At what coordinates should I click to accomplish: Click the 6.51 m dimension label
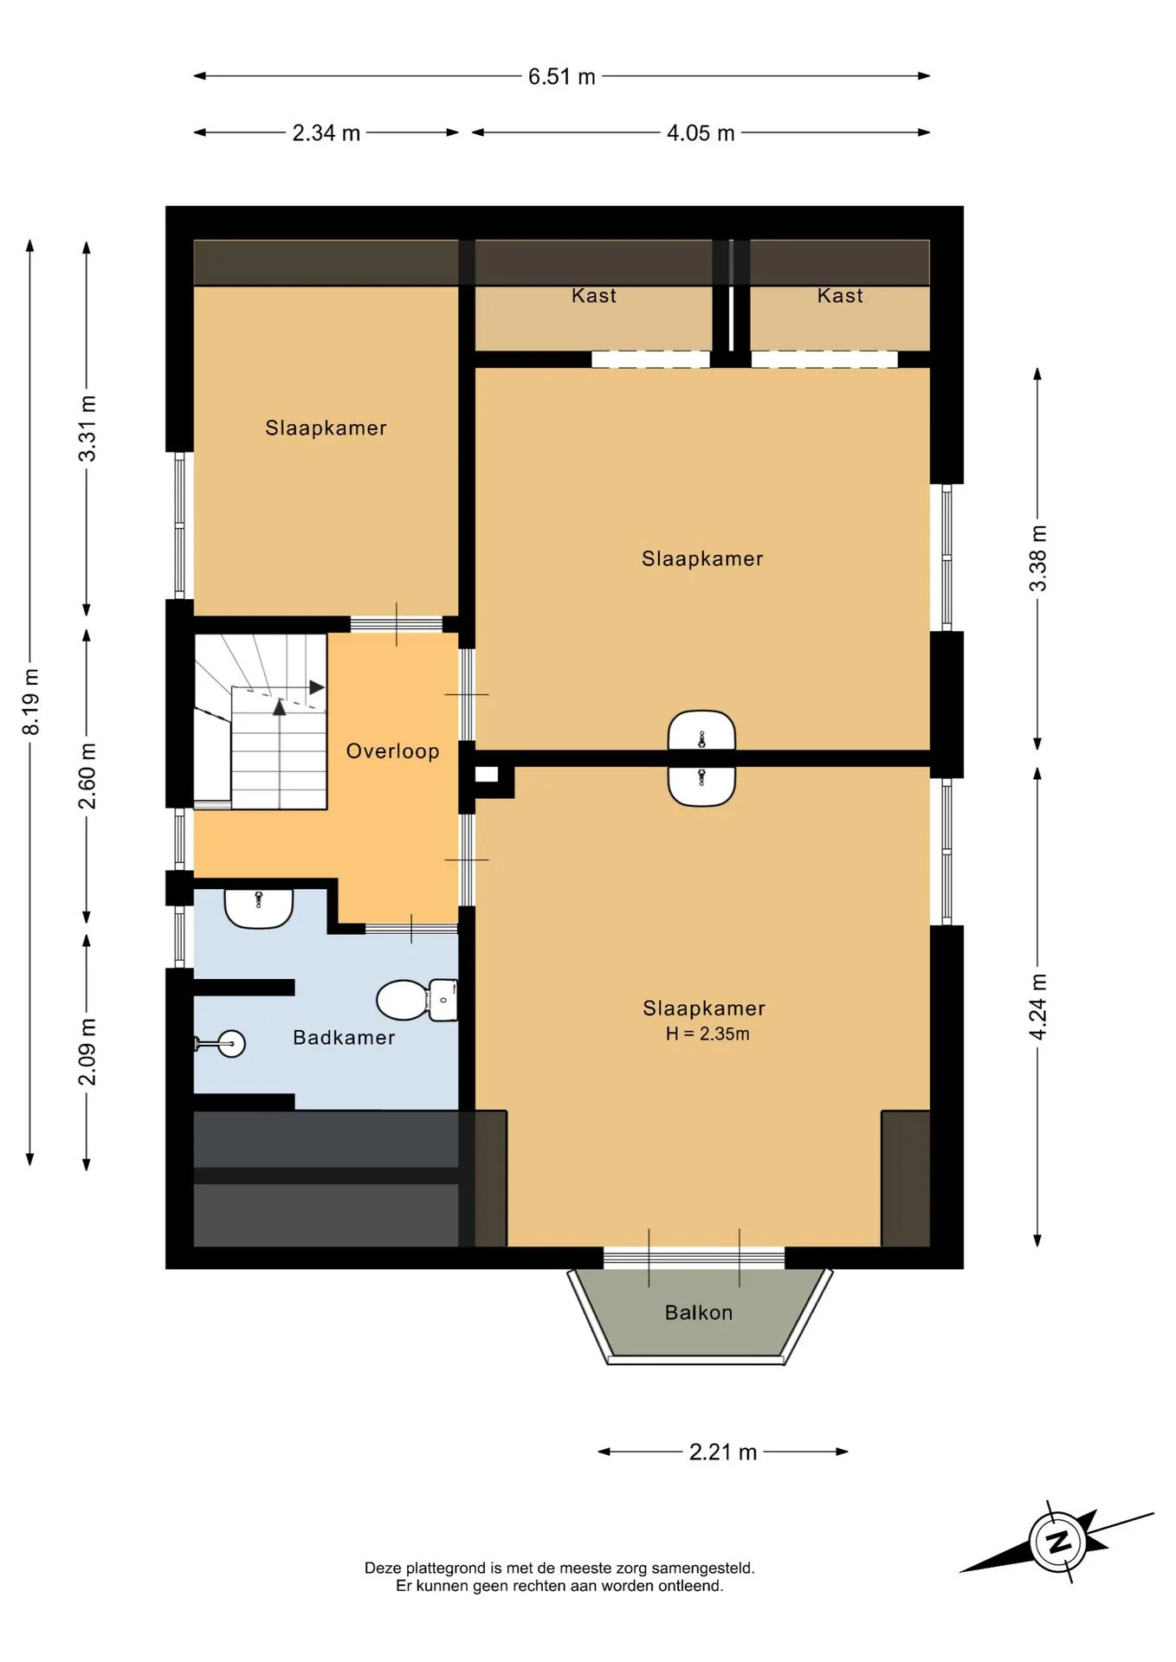tap(561, 77)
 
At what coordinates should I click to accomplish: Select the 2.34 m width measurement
tap(326, 133)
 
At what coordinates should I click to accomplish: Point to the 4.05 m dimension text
tap(701, 133)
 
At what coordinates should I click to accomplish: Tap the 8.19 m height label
tap(31, 702)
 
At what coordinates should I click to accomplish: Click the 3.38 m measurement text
tap(1037, 558)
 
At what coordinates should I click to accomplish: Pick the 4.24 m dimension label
tap(1037, 1007)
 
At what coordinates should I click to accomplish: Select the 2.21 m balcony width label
tap(723, 1452)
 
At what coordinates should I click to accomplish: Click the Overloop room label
tap(393, 751)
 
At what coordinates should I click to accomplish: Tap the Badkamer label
tap(344, 1037)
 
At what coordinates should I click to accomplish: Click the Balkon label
tap(699, 1312)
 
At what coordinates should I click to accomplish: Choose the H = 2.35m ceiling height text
tap(708, 1034)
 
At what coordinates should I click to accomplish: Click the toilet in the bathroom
tap(417, 1000)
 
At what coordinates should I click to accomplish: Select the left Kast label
tap(594, 296)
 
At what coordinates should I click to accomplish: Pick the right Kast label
tap(840, 296)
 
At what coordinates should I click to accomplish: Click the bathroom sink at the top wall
tap(259, 908)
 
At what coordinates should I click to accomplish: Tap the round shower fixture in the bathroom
tap(231, 1044)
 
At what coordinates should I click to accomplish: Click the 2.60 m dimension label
tap(87, 776)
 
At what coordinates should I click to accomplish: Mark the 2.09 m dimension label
tap(87, 1052)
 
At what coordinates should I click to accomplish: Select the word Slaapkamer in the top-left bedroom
tap(326, 428)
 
